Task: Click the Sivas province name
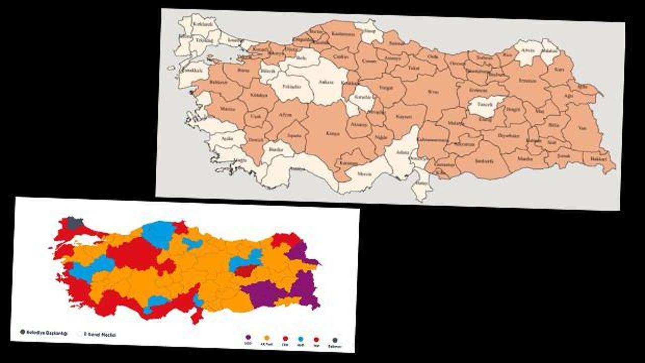(x=433, y=92)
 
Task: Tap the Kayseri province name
(x=404, y=116)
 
